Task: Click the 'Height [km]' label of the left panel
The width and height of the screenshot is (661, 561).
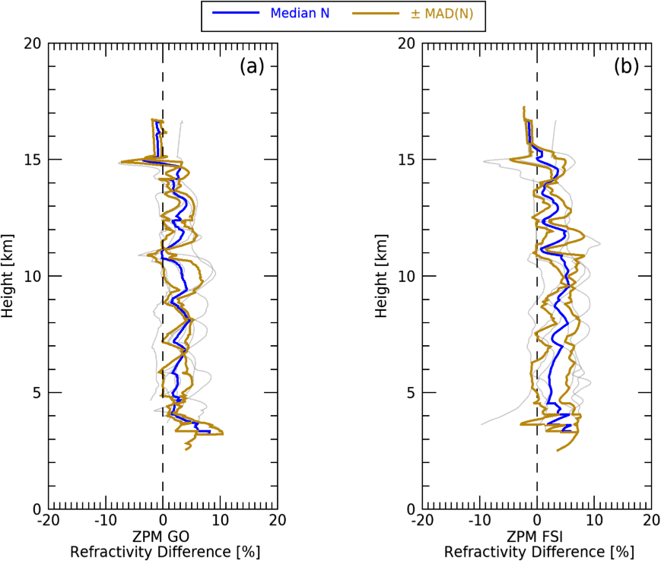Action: click(9, 276)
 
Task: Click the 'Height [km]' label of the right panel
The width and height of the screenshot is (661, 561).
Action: click(384, 276)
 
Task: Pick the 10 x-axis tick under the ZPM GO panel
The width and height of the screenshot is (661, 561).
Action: click(220, 521)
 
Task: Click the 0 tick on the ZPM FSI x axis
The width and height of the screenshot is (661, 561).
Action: click(538, 521)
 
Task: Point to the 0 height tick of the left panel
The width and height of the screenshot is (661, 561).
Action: click(36, 508)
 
